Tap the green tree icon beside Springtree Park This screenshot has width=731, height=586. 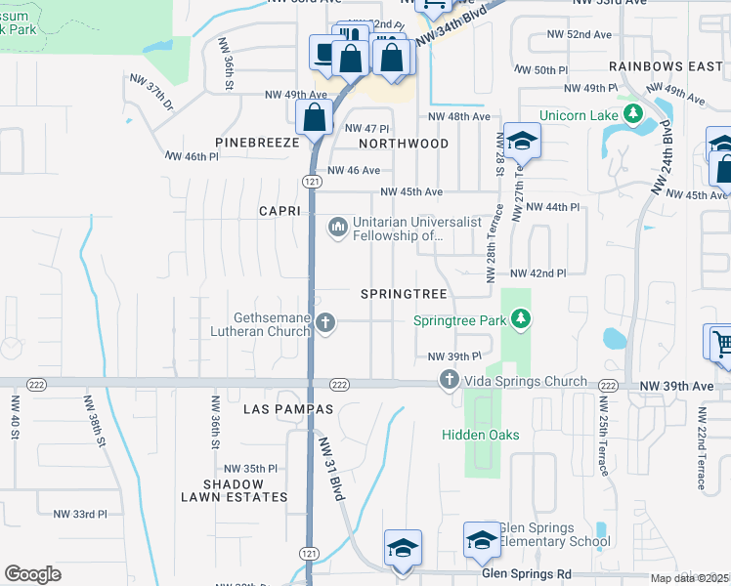pyautogui.click(x=522, y=319)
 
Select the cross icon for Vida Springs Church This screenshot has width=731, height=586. pyautogui.click(x=450, y=381)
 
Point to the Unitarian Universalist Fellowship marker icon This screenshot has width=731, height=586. pyautogui.click(x=338, y=228)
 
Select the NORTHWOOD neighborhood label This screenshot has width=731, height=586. pyautogui.click(x=403, y=144)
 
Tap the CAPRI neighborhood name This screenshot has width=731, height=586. pyautogui.click(x=279, y=211)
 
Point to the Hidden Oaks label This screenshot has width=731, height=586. pyautogui.click(x=480, y=435)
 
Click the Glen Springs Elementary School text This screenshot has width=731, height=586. pyautogui.click(x=554, y=535)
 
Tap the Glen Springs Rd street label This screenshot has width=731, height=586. pyautogui.click(x=527, y=574)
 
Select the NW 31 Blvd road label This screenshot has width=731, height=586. pyautogui.click(x=330, y=469)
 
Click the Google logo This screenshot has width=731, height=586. pyautogui.click(x=32, y=574)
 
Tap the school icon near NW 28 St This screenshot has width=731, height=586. pyautogui.click(x=523, y=143)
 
